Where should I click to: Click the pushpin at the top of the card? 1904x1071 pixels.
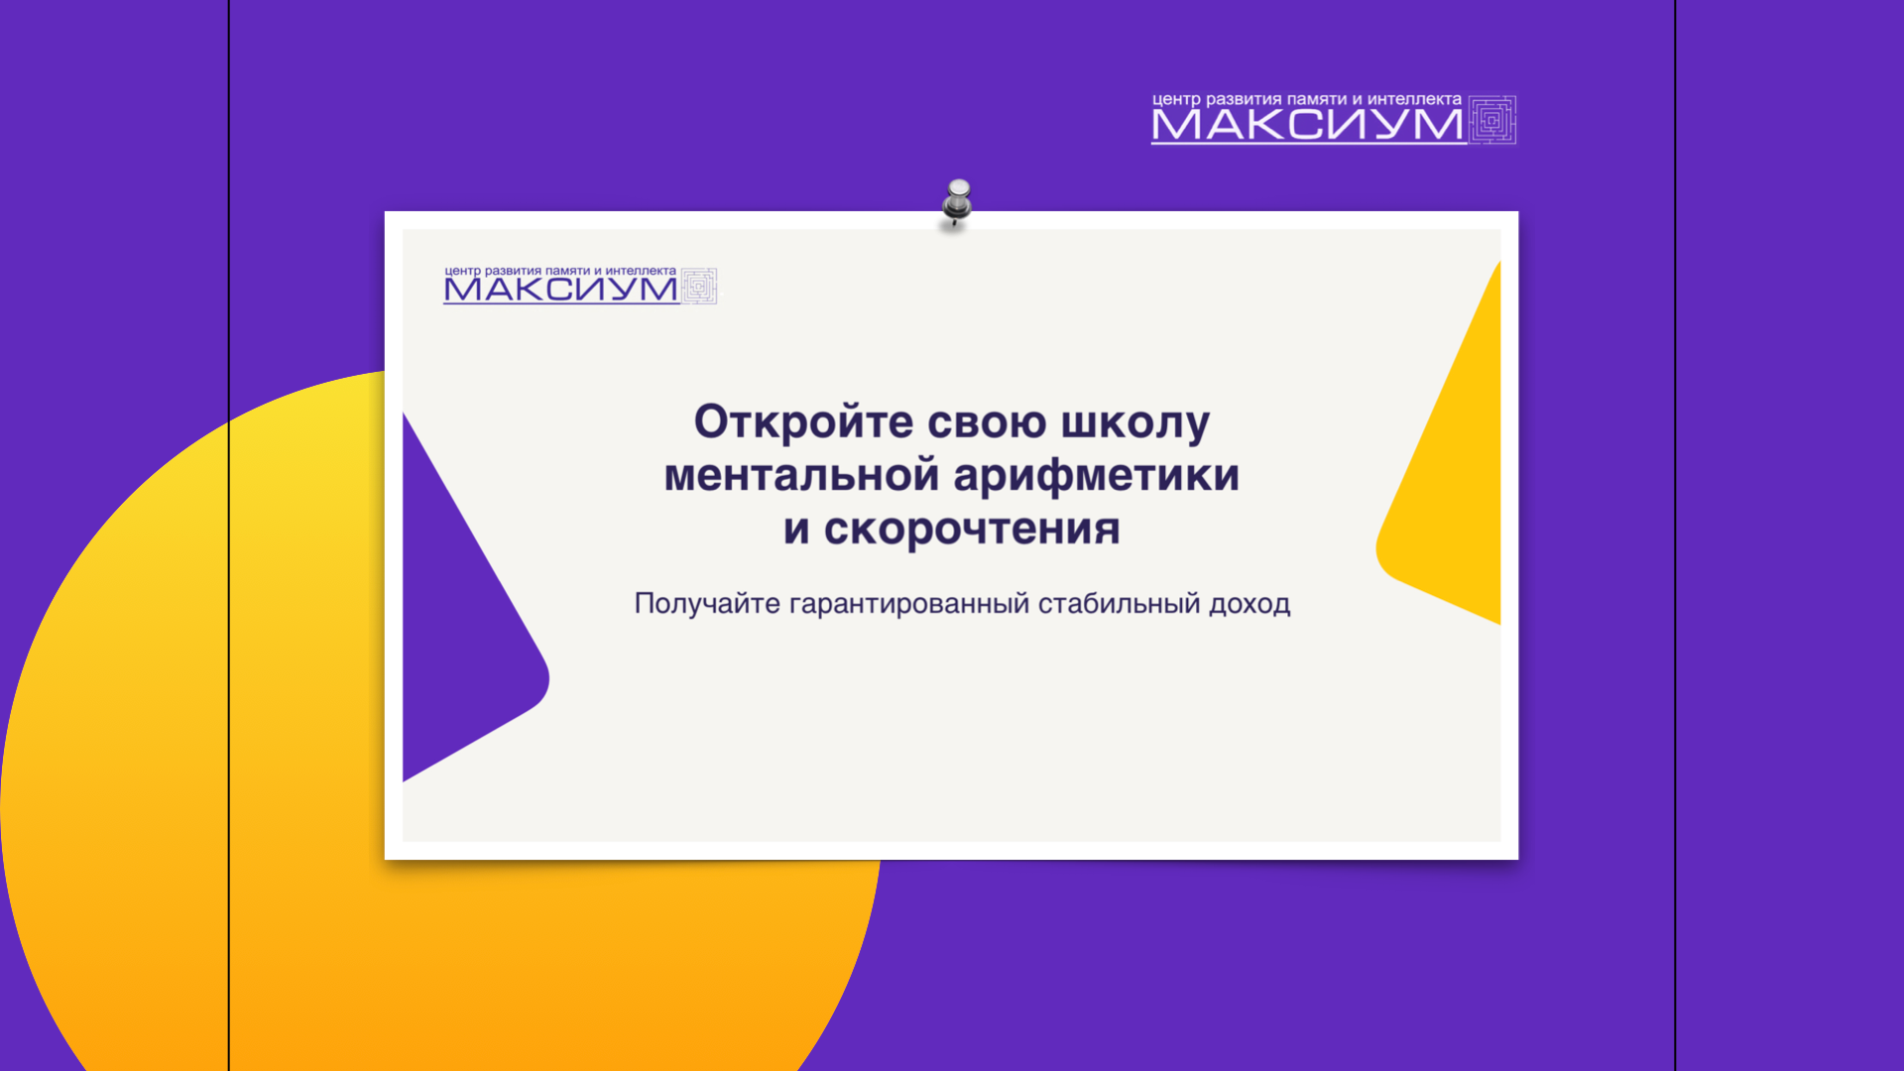point(957,203)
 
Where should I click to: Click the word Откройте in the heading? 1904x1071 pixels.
point(803,422)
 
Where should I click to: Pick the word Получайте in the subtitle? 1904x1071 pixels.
point(707,604)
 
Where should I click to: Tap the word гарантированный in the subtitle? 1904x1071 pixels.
point(909,605)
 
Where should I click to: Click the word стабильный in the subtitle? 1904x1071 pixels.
point(1120,604)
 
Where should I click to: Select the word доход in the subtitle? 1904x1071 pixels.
point(1249,605)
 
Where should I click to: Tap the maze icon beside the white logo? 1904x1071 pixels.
point(1492,120)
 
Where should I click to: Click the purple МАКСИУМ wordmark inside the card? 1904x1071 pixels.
point(560,290)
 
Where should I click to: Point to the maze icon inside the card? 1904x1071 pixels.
point(699,287)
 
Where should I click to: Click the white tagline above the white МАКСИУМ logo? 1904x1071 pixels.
point(1307,99)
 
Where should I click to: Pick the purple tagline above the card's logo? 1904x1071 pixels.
point(560,271)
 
